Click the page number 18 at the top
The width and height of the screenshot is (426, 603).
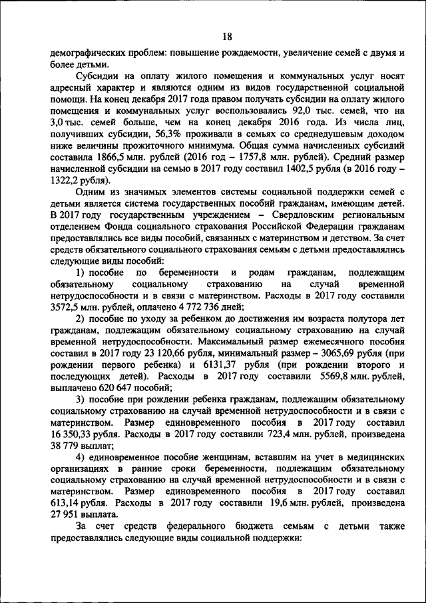pyautogui.click(x=228, y=37)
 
